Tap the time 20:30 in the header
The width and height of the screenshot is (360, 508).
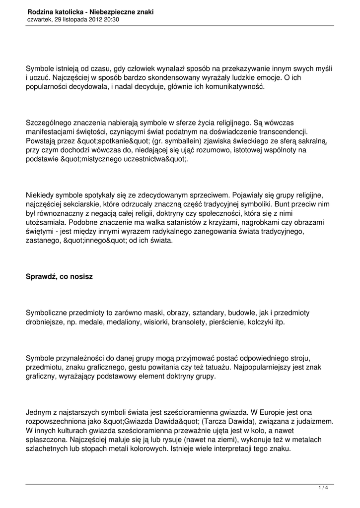pos(111,19)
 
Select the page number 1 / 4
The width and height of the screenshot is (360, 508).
pos(323,488)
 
